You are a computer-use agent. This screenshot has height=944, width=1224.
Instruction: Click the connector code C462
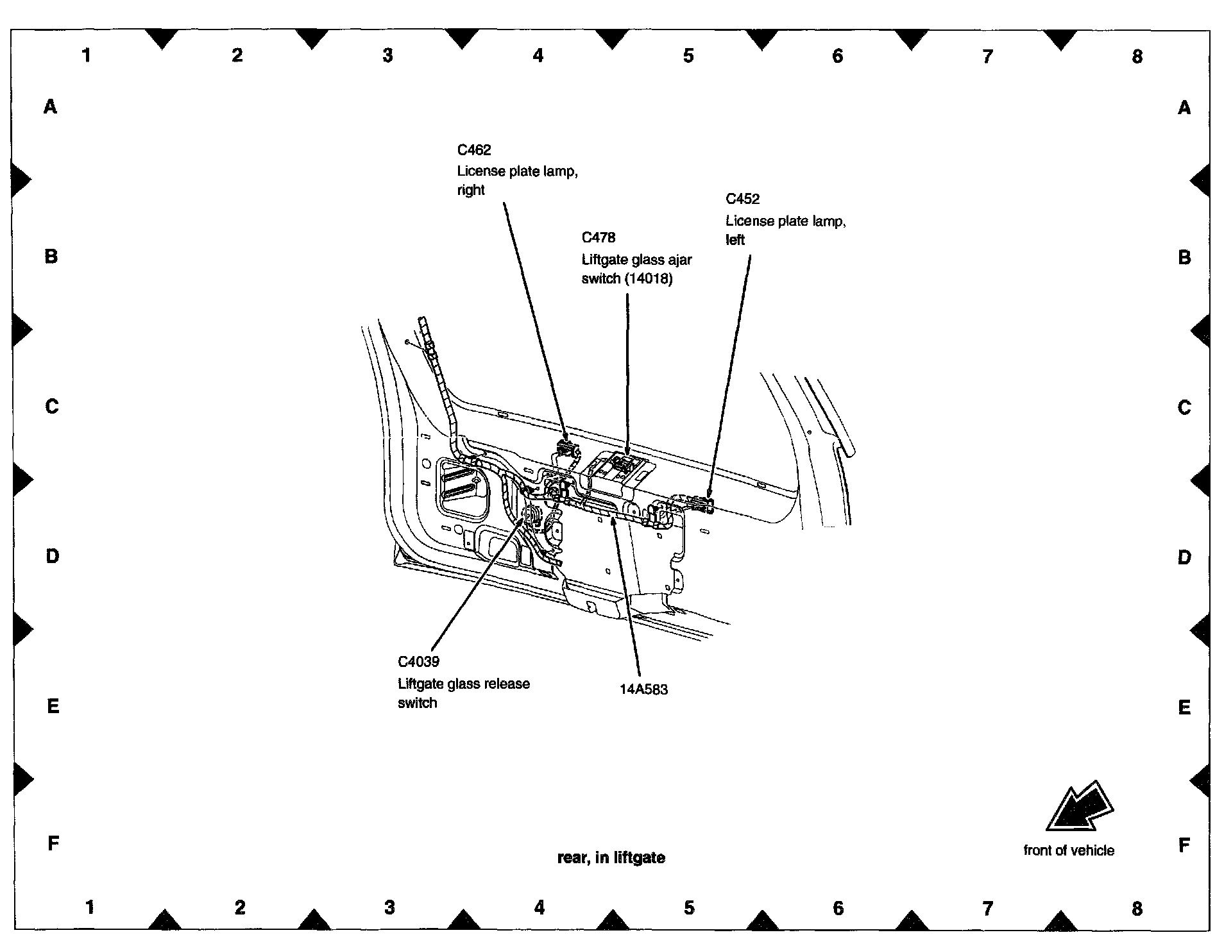(x=473, y=150)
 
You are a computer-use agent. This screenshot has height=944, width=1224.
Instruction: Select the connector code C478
(x=598, y=238)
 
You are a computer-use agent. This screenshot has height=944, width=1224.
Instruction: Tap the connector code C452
(x=742, y=199)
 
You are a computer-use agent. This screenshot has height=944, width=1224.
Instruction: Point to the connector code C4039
(x=418, y=662)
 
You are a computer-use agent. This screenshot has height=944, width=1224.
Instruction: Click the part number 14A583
(x=643, y=690)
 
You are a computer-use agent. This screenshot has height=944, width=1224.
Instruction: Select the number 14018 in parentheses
(x=649, y=279)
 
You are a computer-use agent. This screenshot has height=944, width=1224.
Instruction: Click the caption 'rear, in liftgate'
(x=611, y=858)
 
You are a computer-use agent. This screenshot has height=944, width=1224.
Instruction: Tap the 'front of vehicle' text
(x=1068, y=851)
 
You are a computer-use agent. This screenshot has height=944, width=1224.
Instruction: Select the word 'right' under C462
(x=471, y=190)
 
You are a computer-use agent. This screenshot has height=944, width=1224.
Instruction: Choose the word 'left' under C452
(x=735, y=240)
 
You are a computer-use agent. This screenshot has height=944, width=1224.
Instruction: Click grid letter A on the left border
(x=51, y=106)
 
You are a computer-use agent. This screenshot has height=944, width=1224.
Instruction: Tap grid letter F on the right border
(x=1184, y=845)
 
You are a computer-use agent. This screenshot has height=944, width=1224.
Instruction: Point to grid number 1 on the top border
(x=87, y=56)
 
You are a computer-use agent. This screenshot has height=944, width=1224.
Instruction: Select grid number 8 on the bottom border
(x=1137, y=908)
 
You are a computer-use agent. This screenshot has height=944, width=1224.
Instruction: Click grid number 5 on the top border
(x=688, y=56)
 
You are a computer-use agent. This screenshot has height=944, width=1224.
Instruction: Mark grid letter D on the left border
(x=52, y=556)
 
